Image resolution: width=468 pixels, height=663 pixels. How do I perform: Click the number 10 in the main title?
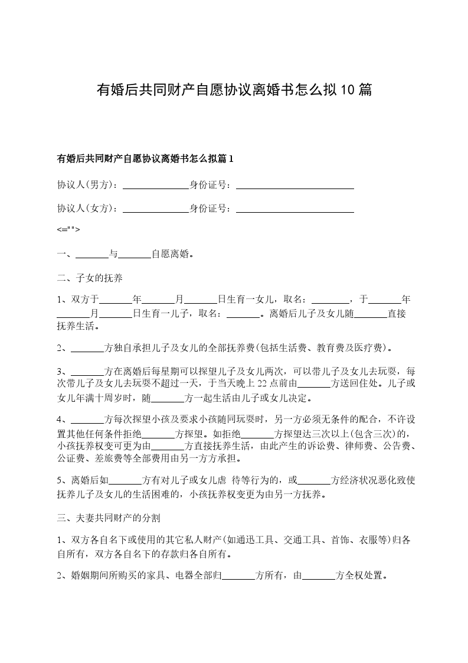(x=348, y=90)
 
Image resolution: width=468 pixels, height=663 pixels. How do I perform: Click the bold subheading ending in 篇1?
(x=145, y=158)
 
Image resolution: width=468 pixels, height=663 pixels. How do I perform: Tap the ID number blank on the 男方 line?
(x=294, y=185)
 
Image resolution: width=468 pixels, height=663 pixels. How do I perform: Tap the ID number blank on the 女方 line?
(x=294, y=209)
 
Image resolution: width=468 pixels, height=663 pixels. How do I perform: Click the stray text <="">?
(x=68, y=230)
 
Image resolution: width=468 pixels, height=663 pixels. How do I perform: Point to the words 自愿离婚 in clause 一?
(x=171, y=254)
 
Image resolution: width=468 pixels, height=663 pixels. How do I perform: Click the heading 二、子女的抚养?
(x=90, y=277)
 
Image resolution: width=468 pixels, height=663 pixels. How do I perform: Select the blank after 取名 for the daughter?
(x=330, y=300)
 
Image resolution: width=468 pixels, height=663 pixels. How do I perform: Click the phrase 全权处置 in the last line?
(x=363, y=575)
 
